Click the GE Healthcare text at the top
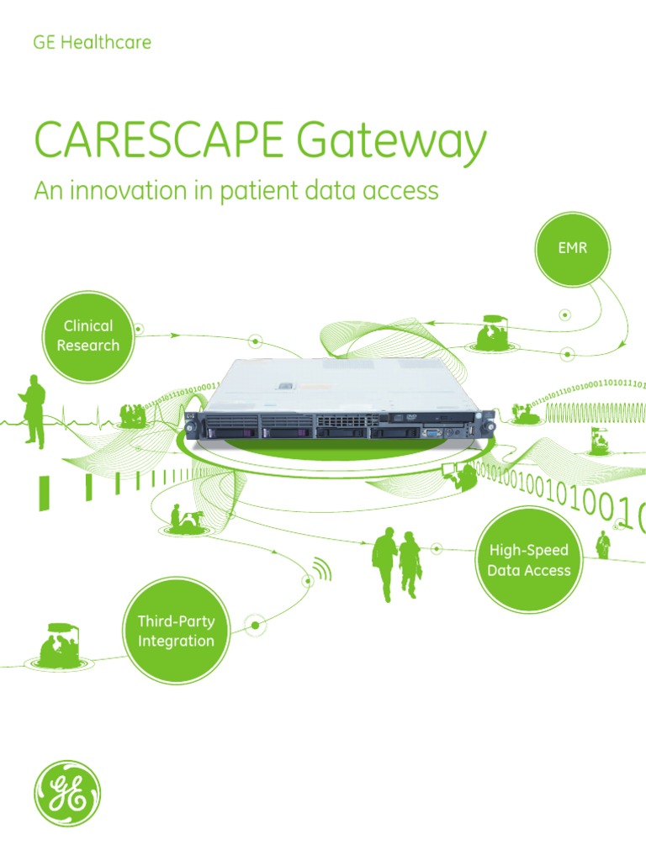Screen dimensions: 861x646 (92, 42)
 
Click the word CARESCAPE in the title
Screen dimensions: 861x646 (161, 142)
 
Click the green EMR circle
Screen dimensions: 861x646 (573, 250)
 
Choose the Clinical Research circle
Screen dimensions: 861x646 (87, 335)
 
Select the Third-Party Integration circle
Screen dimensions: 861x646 (176, 631)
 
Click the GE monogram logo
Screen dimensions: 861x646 (67, 793)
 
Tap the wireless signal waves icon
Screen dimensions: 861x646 (321, 571)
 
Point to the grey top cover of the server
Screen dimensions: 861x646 (336, 383)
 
